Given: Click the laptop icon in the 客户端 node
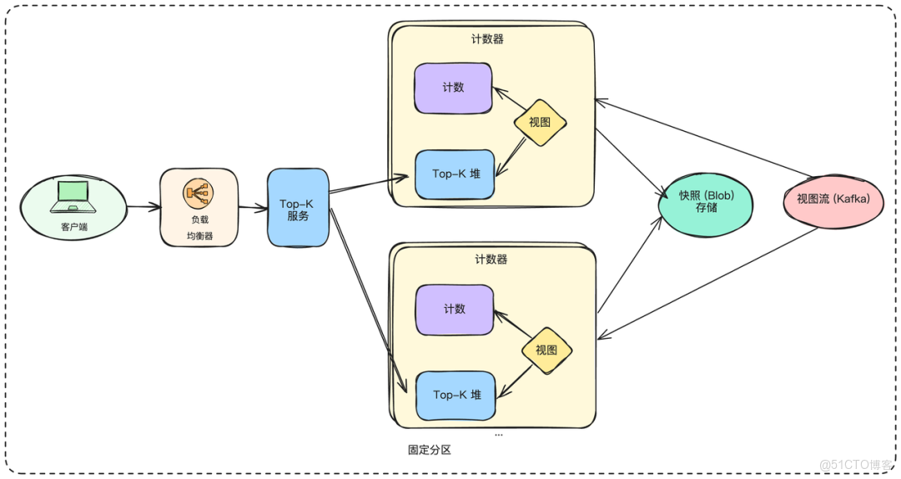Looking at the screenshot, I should (71, 198).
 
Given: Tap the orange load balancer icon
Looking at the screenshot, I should (199, 194).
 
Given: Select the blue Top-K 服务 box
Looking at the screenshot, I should (298, 208).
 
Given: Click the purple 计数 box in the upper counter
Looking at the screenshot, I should (453, 88).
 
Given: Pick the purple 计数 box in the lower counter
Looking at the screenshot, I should (454, 310).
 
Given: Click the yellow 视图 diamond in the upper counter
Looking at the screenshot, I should (540, 124).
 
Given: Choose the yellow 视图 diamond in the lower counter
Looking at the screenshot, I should (546, 350).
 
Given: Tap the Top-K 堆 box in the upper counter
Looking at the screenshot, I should (456, 174).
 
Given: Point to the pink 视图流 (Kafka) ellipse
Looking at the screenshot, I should (833, 200).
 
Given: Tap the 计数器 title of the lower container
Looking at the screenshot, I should (491, 260).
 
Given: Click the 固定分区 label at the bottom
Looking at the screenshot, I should (429, 450).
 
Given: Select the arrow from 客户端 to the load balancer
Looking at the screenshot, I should (143, 205).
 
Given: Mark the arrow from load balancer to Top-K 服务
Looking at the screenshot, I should (252, 207).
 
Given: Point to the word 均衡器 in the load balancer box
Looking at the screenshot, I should (199, 236).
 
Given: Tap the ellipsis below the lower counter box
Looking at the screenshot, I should (498, 435).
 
